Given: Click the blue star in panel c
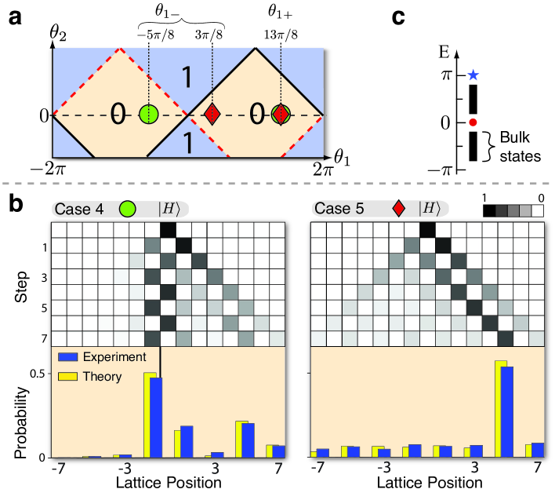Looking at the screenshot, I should (472, 75).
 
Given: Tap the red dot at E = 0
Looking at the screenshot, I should (472, 122).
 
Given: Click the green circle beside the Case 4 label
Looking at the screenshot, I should (126, 208).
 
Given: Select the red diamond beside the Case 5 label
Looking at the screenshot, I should (399, 208).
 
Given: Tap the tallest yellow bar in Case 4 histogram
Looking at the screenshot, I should (149, 414).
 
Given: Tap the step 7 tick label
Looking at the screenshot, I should (44, 338).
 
